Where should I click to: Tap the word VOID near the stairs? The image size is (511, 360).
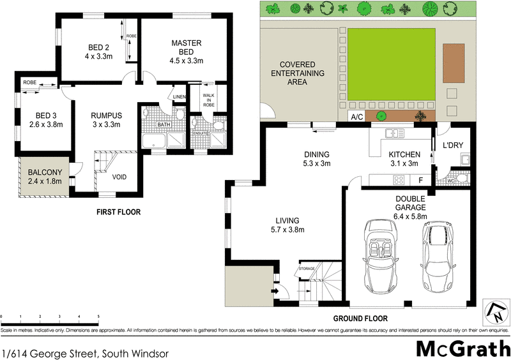click(x=119, y=177)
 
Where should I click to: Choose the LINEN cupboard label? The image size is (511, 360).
click(x=179, y=97)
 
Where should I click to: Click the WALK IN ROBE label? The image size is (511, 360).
click(x=208, y=100)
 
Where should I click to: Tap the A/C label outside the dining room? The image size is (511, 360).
click(x=356, y=117)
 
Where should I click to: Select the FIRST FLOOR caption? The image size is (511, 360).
click(x=119, y=212)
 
